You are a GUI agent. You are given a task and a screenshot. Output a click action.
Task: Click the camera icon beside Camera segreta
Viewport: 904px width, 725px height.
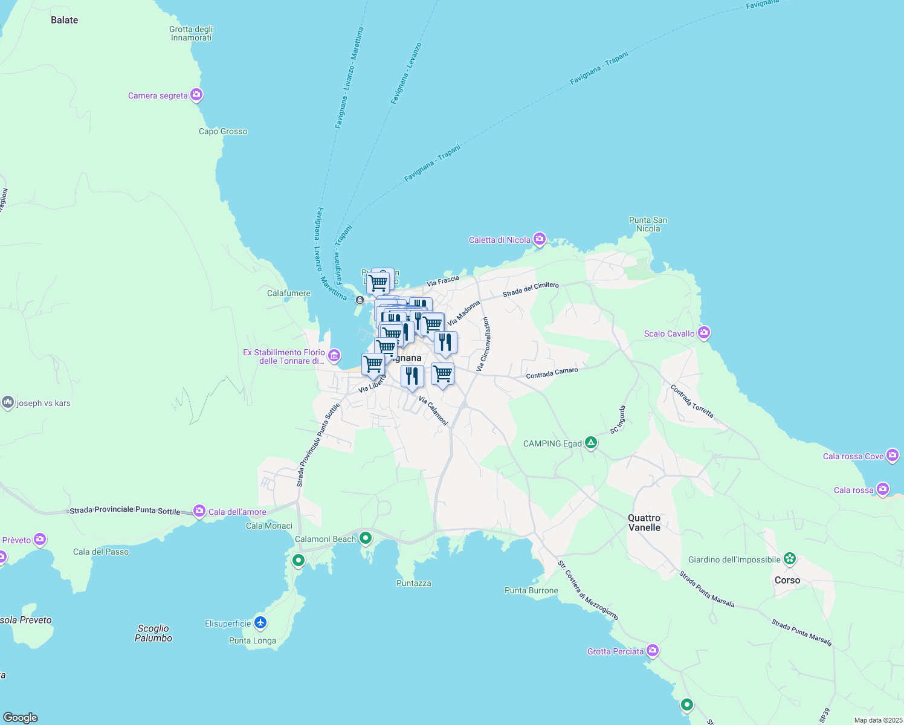tap(196, 95)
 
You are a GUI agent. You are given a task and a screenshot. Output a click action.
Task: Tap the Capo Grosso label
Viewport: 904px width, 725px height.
tap(223, 131)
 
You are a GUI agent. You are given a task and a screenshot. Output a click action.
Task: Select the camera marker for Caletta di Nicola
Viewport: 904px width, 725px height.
tap(539, 240)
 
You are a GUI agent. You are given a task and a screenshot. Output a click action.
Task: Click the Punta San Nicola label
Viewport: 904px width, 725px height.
tap(648, 224)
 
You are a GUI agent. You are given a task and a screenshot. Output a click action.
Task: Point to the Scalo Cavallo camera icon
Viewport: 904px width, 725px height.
tap(703, 333)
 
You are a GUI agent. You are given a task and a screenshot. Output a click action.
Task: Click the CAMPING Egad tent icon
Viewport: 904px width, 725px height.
tap(591, 443)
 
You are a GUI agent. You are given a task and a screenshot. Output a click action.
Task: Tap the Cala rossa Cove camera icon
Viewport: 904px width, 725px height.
tap(893, 456)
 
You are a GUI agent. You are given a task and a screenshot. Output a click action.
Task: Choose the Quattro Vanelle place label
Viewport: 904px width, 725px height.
tap(644, 523)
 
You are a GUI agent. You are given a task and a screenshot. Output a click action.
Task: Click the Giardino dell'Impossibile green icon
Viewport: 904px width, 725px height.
tap(789, 559)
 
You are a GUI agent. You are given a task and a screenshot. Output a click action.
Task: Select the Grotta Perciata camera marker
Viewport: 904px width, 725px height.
tap(652, 651)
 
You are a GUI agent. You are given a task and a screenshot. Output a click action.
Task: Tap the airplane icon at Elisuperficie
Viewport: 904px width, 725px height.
tap(260, 622)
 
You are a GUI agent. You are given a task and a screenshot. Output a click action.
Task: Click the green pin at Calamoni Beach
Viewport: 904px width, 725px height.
tap(365, 538)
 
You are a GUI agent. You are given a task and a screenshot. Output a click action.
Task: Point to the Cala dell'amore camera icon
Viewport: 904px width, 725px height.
tap(199, 511)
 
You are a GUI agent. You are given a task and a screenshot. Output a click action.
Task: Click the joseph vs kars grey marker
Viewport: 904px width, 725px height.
tap(8, 402)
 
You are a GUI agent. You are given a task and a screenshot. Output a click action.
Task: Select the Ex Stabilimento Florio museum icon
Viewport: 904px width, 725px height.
tap(334, 356)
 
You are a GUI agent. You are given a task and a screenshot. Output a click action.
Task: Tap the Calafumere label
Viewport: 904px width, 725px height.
tap(289, 293)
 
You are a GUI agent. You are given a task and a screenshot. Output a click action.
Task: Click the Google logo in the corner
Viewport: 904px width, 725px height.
tap(21, 717)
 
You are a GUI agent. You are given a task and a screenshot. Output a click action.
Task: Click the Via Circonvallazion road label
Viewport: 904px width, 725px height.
tap(483, 344)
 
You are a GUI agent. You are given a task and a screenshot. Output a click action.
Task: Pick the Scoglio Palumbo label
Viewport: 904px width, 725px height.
tap(153, 633)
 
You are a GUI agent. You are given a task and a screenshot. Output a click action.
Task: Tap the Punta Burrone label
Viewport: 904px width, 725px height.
tap(531, 590)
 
